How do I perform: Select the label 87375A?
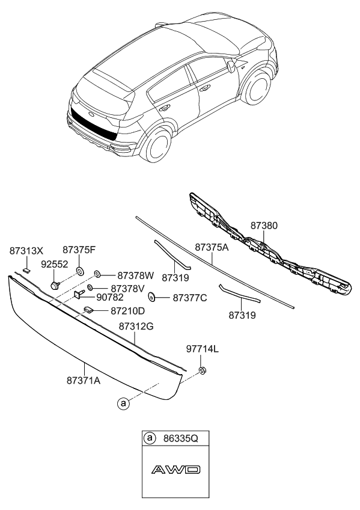[211, 247]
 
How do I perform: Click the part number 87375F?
[79, 250]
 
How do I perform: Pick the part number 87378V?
[127, 288]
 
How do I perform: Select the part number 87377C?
[191, 297]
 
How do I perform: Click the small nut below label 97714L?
[204, 370]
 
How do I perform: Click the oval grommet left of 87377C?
[151, 296]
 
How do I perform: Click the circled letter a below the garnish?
[123, 404]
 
